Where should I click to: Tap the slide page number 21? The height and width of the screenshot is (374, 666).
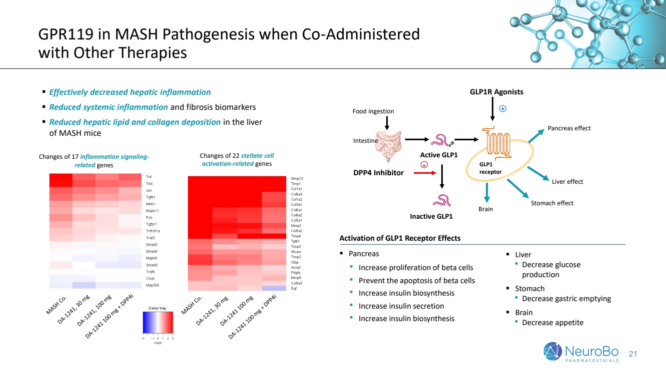(633, 354)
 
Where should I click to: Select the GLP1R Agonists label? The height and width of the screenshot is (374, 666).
(496, 92)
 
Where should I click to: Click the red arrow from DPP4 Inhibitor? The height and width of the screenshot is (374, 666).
(421, 173)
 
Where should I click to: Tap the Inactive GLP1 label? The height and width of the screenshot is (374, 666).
(431, 216)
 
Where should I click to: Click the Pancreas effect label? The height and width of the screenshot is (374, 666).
(569, 128)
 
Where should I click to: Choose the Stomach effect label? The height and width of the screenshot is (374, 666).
(552, 203)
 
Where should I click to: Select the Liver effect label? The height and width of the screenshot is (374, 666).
(567, 182)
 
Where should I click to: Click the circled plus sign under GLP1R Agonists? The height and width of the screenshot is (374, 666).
(503, 108)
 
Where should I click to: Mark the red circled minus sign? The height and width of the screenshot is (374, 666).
(424, 165)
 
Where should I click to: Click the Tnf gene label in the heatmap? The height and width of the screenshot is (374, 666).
(149, 177)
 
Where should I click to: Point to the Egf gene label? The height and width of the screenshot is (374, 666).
(294, 289)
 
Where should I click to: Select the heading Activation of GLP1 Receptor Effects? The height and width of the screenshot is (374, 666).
(400, 238)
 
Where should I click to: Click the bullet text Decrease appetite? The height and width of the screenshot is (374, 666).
(553, 323)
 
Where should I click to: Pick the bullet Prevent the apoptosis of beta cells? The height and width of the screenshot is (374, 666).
(417, 281)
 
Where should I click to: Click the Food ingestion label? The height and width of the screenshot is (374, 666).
(373, 111)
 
